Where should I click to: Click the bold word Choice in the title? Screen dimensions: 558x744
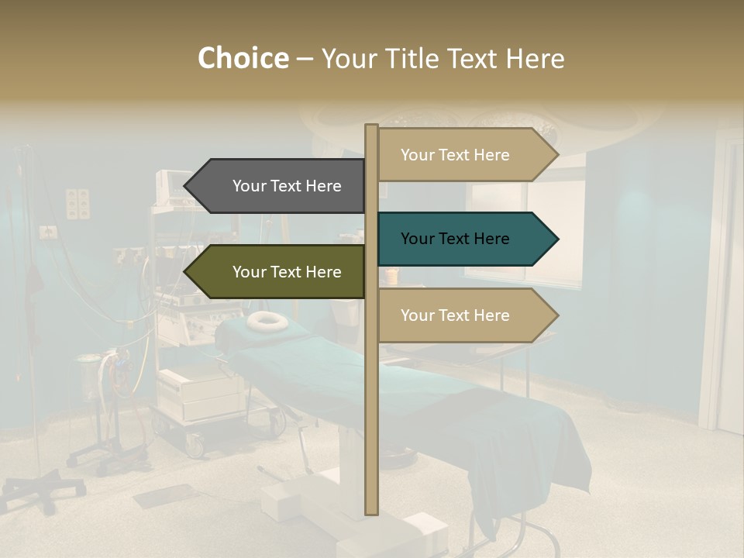(243, 59)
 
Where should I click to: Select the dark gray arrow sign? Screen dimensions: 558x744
(279, 186)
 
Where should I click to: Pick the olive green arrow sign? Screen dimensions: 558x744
(279, 272)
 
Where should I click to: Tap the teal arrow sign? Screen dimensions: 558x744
(465, 239)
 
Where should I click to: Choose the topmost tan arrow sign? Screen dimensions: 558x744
(465, 155)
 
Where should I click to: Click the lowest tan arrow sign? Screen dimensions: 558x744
(465, 315)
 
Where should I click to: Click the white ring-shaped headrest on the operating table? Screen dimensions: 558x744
(267, 319)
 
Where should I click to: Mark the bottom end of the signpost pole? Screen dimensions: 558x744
(371, 511)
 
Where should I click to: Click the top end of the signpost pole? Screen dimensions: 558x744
(371, 127)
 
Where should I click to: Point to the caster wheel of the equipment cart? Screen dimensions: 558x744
(195, 446)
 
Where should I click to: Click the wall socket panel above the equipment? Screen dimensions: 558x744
(77, 203)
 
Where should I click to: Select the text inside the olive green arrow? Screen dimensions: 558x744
(287, 272)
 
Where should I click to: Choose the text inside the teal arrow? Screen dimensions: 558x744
(455, 239)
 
